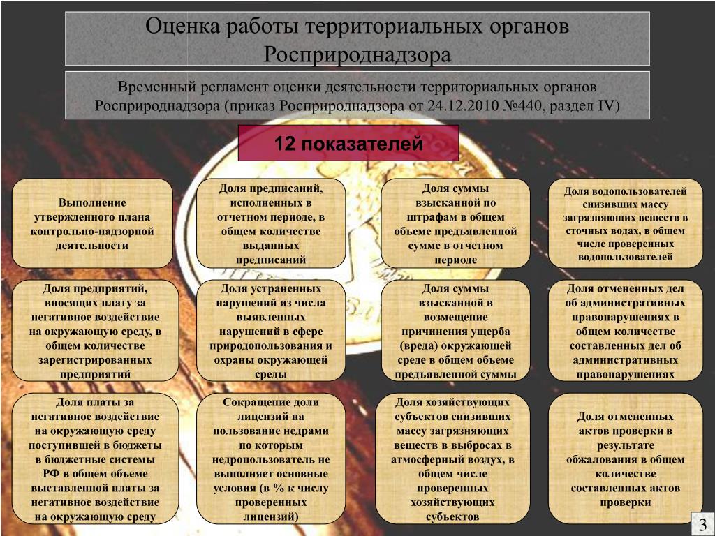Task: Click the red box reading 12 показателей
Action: pos(348,144)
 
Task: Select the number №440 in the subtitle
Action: pos(527,106)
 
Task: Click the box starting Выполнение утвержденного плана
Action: pos(92,223)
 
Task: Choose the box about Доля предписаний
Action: pos(271,223)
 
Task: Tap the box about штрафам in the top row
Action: pos(455,223)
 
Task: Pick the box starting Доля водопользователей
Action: pos(626,223)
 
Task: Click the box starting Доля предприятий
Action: pos(95,330)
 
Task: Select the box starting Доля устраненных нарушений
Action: pos(271,330)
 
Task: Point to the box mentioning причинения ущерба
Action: pos(455,330)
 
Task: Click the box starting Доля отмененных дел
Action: pos(626,330)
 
